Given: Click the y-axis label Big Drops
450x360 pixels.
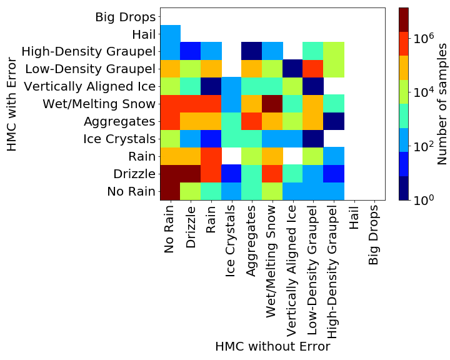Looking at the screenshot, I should pos(124,17).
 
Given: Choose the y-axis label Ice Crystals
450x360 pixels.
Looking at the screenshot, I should pos(118,139).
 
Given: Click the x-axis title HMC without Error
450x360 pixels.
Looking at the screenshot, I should pos(272,346).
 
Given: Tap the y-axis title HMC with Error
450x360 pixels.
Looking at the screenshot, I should pos(12,104).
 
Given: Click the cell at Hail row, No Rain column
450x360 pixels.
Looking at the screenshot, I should pos(171,34).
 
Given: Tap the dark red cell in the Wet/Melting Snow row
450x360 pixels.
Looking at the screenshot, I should pos(272,104).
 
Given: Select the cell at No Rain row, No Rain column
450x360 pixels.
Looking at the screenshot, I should pos(171,191).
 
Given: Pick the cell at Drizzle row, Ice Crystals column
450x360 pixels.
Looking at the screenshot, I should pos(232,174).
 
